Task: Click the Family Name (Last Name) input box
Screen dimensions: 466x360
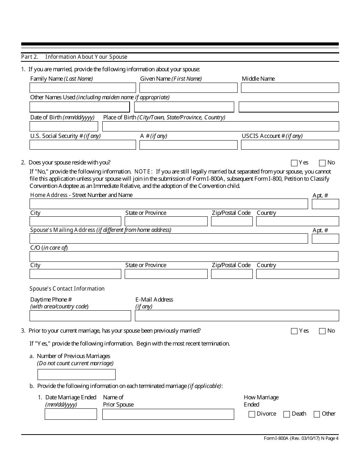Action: click(83, 88)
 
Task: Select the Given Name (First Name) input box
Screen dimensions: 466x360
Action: click(188, 88)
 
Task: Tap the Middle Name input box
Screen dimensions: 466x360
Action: click(290, 88)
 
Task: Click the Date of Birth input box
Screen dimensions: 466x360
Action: click(64, 126)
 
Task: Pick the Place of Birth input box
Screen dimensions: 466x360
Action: click(221, 126)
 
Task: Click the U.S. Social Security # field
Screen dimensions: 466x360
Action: click(83, 145)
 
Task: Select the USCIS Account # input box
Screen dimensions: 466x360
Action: click(290, 145)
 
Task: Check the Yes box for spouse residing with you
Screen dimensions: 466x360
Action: click(294, 163)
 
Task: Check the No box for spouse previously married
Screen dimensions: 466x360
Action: click(322, 331)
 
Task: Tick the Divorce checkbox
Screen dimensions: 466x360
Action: click(252, 414)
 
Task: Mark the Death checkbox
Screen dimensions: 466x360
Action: click(287, 414)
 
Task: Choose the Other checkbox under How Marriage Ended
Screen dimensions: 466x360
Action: click(317, 414)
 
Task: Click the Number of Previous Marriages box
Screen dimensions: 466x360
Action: click(77, 375)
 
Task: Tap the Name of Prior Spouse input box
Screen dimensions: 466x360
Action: click(168, 414)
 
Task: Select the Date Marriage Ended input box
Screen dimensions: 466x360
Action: click(71, 414)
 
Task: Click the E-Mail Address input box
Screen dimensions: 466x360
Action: click(237, 316)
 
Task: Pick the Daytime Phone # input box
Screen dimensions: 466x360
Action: click(80, 316)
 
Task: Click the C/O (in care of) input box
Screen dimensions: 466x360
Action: click(184, 256)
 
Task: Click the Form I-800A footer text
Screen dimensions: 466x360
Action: click(301, 438)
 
